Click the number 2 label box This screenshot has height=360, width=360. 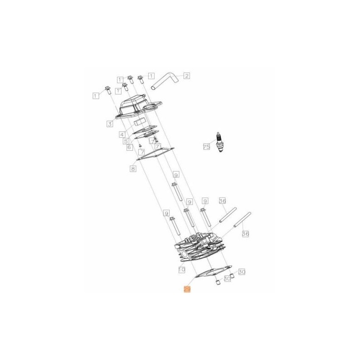186,76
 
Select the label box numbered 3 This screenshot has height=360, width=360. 110,123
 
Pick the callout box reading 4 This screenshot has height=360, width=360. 121,134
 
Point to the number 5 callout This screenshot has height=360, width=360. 126,141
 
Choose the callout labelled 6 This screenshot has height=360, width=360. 129,147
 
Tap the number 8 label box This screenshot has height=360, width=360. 133,169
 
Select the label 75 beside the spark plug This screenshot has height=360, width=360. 207,147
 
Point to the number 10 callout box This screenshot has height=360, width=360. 181,270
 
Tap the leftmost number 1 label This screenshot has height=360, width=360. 95,95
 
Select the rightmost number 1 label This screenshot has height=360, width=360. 151,76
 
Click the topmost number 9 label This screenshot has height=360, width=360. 176,175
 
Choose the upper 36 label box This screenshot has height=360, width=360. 222,201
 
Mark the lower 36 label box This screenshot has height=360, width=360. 245,234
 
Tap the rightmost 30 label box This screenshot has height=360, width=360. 242,272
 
